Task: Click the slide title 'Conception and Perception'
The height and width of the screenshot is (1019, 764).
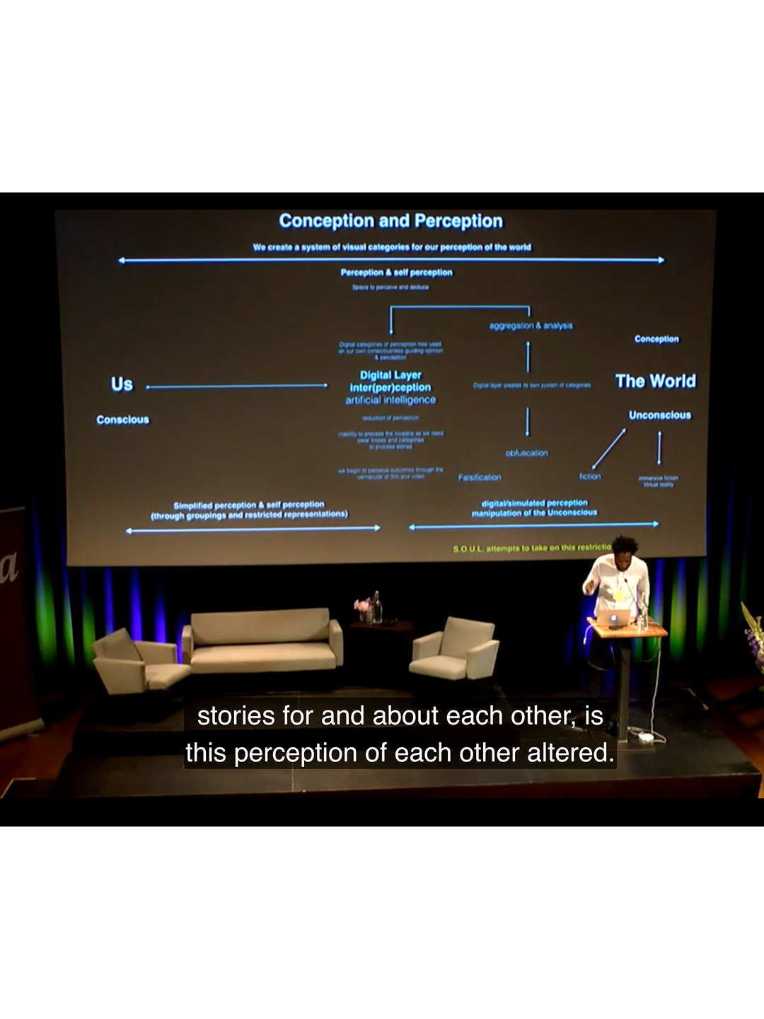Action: click(x=390, y=221)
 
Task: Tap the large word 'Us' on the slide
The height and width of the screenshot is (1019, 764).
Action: click(x=122, y=384)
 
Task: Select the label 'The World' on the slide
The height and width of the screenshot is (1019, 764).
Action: click(x=655, y=381)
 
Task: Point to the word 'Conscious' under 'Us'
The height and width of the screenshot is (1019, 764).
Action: click(x=122, y=420)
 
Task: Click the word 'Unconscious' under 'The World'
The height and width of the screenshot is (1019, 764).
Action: click(x=659, y=415)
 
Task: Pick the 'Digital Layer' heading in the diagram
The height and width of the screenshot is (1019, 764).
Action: click(x=390, y=375)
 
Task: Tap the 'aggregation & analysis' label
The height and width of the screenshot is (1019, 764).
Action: click(x=531, y=326)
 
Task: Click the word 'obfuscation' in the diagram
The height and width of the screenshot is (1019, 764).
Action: click(x=526, y=453)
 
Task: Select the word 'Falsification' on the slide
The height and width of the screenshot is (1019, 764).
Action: click(x=479, y=478)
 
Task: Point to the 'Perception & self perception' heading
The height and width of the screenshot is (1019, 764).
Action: click(x=396, y=272)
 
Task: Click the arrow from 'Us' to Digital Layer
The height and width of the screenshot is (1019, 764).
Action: click(x=237, y=386)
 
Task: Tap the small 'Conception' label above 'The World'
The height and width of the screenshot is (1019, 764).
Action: click(x=656, y=339)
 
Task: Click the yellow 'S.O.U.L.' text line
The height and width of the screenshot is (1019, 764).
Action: click(x=531, y=548)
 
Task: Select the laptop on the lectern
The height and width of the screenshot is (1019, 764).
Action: click(x=612, y=618)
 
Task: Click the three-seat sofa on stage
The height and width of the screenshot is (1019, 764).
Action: click(x=262, y=642)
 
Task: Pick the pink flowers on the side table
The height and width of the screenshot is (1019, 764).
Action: click(x=362, y=606)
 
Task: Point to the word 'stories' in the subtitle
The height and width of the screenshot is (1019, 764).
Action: click(x=236, y=716)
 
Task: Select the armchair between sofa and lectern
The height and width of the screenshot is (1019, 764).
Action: click(x=456, y=648)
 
